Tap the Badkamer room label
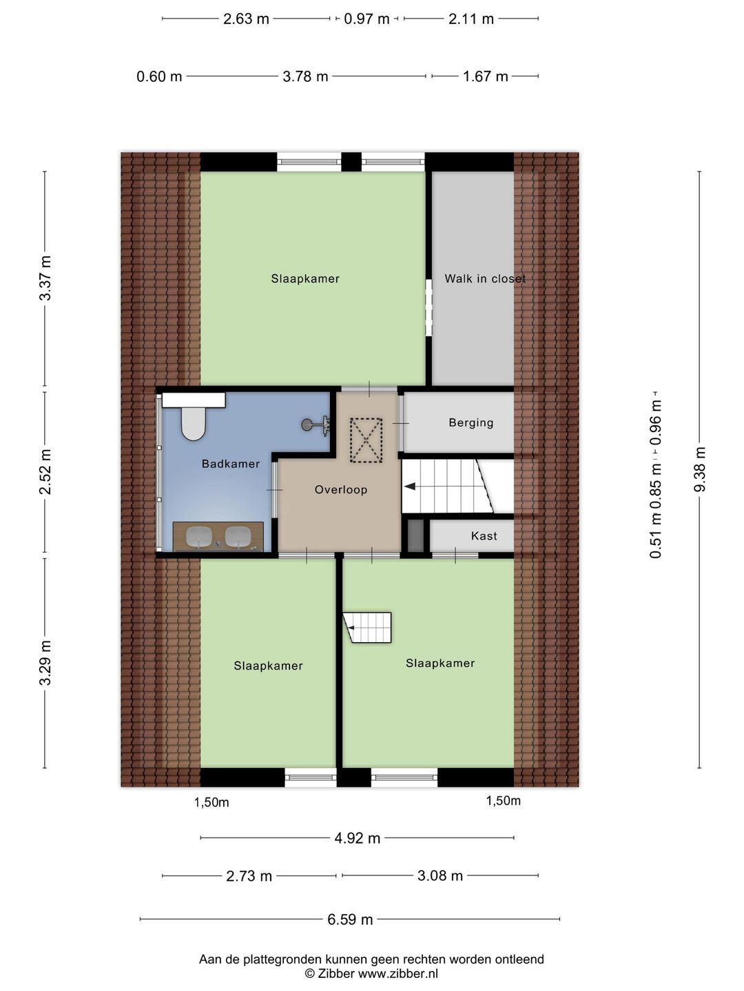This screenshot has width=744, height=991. coord(231,464)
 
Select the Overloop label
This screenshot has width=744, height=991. coord(341,490)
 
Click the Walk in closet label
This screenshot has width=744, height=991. coord(485,279)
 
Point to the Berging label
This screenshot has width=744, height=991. coord(471,423)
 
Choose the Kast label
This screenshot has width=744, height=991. coord(484,536)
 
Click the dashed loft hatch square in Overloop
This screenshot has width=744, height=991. coord(366,440)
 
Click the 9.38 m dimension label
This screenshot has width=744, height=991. coord(700,469)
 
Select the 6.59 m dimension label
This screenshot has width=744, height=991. coord(350,919)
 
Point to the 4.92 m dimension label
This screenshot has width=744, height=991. coord(358,838)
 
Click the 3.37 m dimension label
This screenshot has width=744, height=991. coord(45,278)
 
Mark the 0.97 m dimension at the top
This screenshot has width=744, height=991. coord(366,19)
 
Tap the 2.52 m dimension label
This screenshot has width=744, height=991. coord(45,472)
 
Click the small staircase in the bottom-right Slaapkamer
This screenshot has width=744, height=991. coord(369,628)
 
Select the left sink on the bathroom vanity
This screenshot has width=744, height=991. coord(199,536)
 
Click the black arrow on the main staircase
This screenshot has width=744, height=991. coord(410,487)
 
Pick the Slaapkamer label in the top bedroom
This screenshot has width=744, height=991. coord(305,279)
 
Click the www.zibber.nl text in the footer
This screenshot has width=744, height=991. coord(397,974)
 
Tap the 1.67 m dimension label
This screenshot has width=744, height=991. coord(485,76)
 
